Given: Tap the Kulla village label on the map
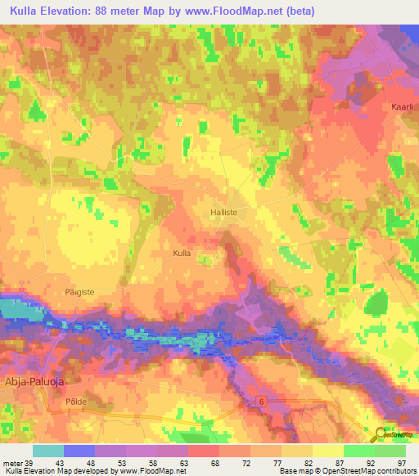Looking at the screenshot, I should (x=182, y=254).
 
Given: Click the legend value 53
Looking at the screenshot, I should (x=124, y=463).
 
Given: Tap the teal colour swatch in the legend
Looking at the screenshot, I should (x=47, y=451).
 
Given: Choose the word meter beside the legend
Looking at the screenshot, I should (x=11, y=463).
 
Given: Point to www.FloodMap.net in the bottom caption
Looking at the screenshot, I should (x=155, y=471).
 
